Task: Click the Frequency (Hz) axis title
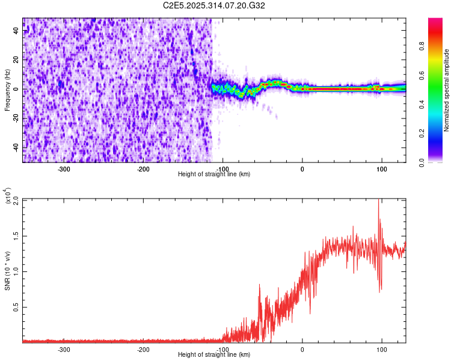pyautogui.click(x=7, y=90)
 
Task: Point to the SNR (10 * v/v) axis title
pyautogui.click(x=7, y=271)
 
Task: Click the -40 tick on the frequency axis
pyautogui.click(x=16, y=148)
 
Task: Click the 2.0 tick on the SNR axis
pyautogui.click(x=16, y=199)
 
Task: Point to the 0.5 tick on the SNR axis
pyautogui.click(x=16, y=307)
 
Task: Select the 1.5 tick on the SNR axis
pyautogui.click(x=16, y=235)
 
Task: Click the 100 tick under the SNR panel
pyautogui.click(x=381, y=349)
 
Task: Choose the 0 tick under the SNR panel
pyautogui.click(x=302, y=349)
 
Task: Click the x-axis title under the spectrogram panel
pyautogui.click(x=214, y=174)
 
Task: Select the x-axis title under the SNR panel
pyautogui.click(x=214, y=354)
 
